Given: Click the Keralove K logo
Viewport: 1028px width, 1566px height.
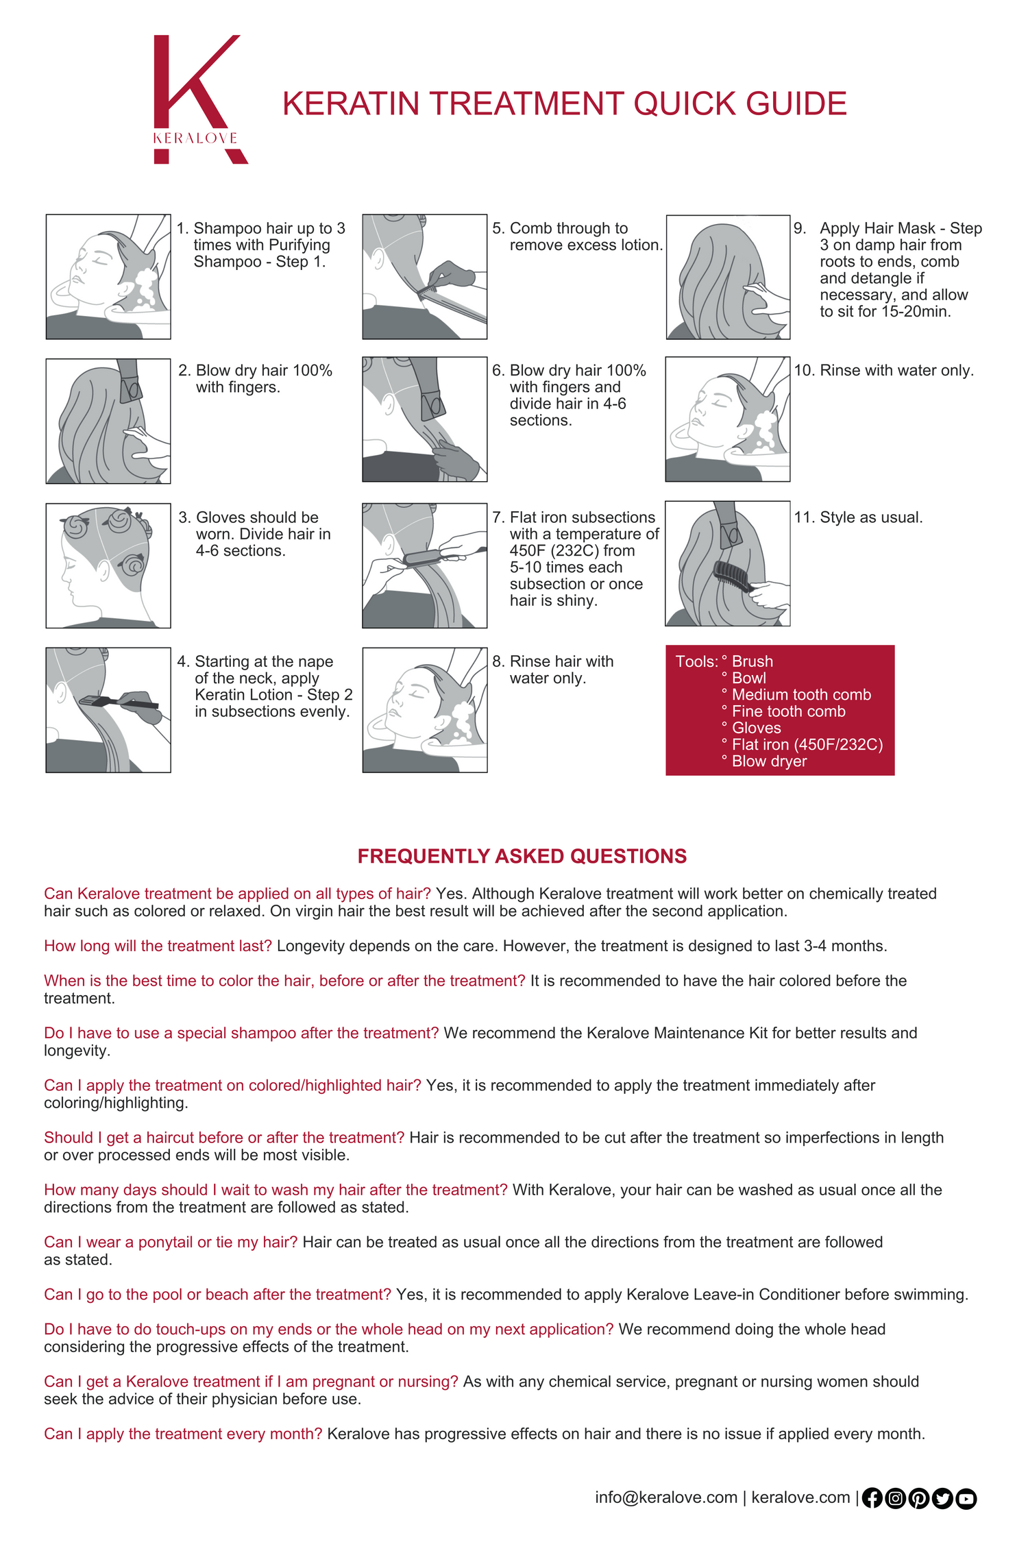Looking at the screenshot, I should point(199,99).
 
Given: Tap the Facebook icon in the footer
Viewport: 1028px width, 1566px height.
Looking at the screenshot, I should point(872,1498).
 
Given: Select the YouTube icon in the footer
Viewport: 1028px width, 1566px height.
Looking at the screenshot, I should point(966,1498).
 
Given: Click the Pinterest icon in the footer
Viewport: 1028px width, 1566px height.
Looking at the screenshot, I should point(918,1498).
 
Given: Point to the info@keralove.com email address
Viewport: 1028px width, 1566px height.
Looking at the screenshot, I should point(665,1497).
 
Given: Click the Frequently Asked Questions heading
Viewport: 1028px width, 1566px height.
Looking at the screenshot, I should point(522,856).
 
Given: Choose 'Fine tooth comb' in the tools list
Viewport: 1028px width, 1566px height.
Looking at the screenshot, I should point(788,711).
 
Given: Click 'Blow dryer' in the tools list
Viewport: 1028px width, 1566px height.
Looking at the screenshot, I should point(769,761).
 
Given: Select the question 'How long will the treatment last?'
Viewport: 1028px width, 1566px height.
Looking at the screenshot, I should point(158,946).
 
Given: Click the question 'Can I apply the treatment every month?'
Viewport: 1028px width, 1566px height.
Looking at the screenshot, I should point(182,1434).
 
